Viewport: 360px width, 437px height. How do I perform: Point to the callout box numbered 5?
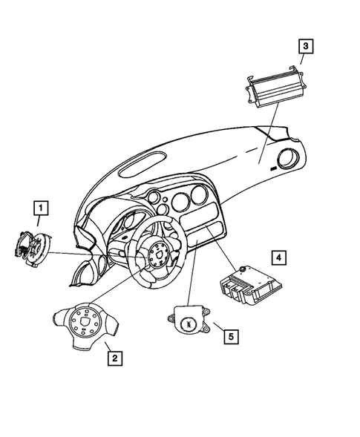click(231, 337)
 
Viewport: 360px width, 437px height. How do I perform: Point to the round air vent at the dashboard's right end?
click(286, 160)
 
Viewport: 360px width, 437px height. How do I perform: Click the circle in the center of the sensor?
click(189, 325)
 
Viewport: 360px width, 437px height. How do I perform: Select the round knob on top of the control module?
click(241, 268)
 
